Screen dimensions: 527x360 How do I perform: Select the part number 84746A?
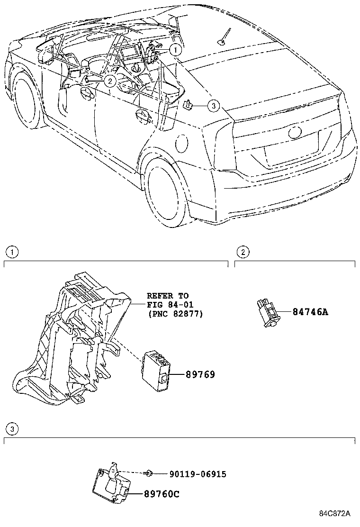(x=310, y=312)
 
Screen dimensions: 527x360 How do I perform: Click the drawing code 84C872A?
(x=334, y=514)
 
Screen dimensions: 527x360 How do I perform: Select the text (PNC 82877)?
(x=175, y=313)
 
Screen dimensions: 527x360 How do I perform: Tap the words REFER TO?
(x=167, y=296)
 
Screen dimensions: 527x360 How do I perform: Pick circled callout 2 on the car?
(x=109, y=81)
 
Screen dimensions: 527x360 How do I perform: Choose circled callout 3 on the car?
(x=213, y=106)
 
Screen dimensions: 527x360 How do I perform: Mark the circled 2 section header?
(x=243, y=252)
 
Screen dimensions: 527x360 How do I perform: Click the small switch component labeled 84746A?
(x=268, y=312)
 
